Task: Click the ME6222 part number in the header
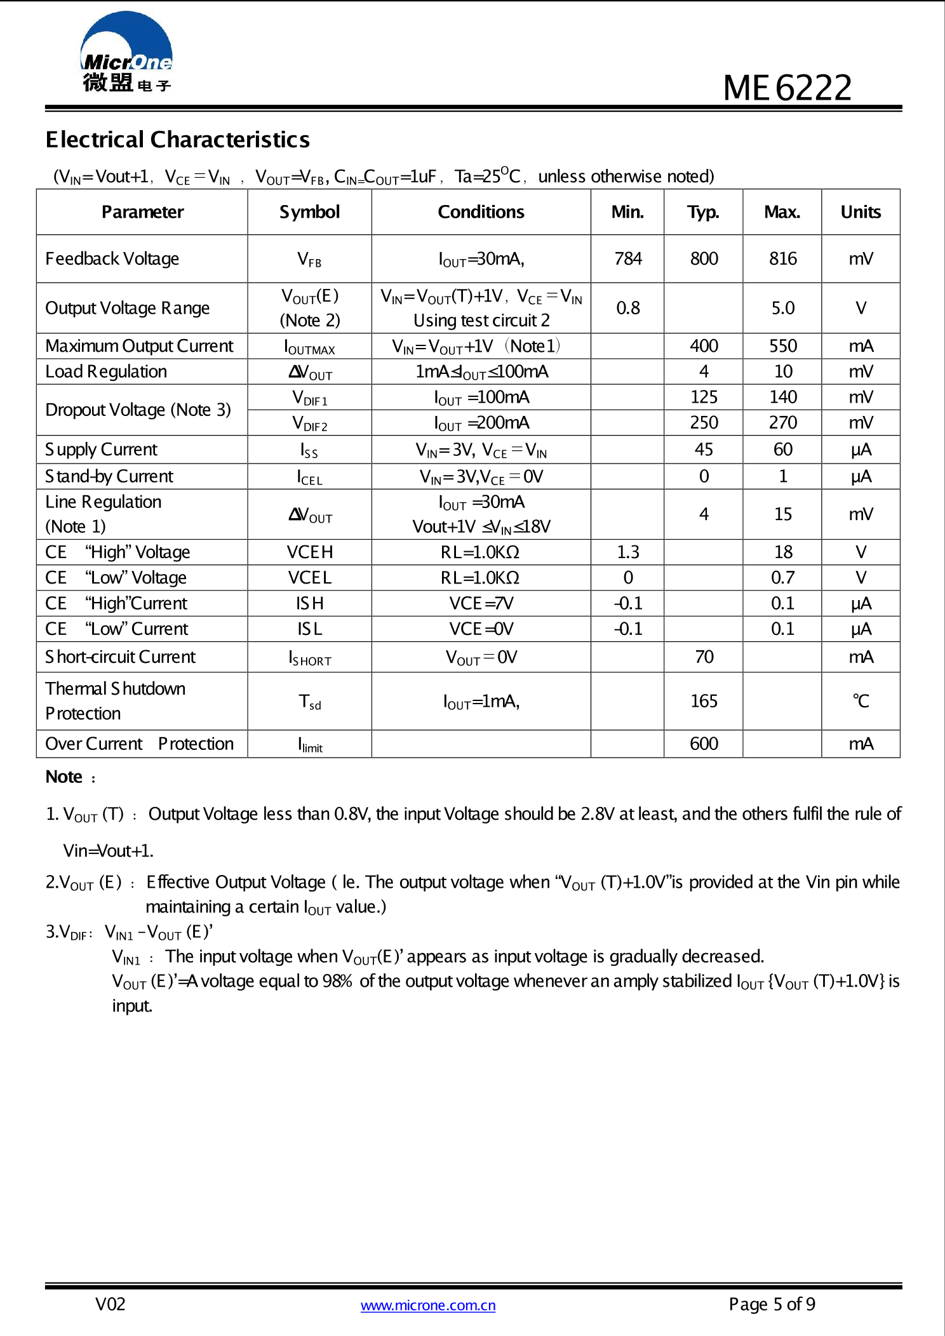click(x=787, y=88)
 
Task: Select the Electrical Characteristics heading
click(x=177, y=140)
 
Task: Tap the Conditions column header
click(x=481, y=212)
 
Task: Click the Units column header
click(x=861, y=212)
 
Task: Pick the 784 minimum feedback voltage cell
click(x=627, y=259)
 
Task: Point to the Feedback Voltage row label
click(x=112, y=259)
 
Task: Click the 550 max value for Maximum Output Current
click(x=782, y=346)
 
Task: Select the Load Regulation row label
click(x=106, y=371)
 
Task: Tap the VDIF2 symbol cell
click(x=309, y=423)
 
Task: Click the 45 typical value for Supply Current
click(x=704, y=450)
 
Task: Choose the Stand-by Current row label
click(x=109, y=476)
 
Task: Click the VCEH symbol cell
click(x=309, y=552)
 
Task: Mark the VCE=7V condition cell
click(x=481, y=603)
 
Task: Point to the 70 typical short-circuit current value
click(x=704, y=657)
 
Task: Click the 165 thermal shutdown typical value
click(x=704, y=701)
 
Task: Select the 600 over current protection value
click(x=704, y=744)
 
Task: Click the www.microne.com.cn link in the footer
click(x=428, y=1306)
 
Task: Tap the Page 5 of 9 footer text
click(x=772, y=1304)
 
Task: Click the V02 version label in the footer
click(x=110, y=1304)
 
